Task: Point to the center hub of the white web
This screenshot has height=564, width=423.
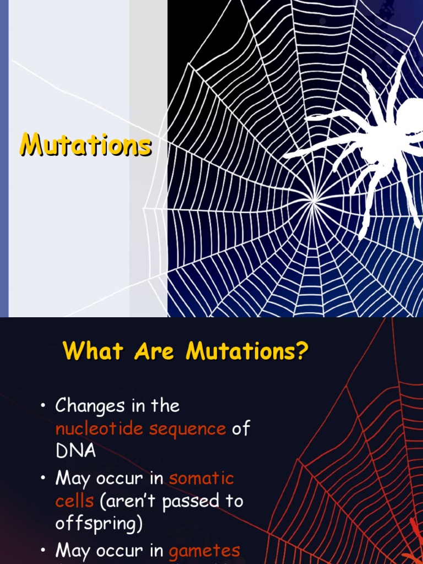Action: click(314, 202)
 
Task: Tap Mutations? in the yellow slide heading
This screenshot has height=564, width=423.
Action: click(245, 351)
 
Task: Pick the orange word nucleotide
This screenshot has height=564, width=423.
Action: click(97, 429)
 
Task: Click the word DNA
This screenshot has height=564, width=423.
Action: click(75, 451)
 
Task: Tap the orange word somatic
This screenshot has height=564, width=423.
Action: click(202, 478)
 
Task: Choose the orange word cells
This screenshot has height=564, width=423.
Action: click(75, 501)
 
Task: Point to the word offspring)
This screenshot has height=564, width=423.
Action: click(99, 523)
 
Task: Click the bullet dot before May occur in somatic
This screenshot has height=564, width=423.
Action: click(42, 479)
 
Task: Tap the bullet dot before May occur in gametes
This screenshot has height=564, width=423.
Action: click(42, 551)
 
